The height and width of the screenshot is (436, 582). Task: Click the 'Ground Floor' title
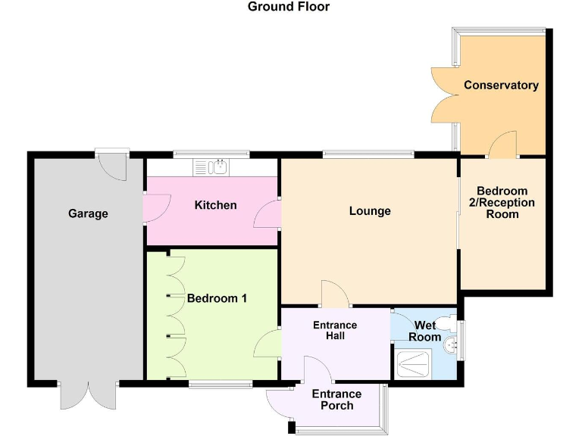click(289, 7)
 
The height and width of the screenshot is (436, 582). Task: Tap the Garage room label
click(88, 213)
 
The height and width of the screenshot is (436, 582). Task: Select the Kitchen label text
click(215, 205)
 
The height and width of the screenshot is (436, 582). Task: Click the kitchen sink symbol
click(216, 167)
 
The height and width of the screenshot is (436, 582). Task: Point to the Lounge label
click(370, 210)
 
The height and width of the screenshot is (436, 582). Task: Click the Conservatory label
click(501, 85)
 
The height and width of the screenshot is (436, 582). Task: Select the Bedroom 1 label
click(217, 298)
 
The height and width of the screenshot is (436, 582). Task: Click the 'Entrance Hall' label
click(335, 330)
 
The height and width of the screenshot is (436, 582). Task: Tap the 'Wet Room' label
click(424, 331)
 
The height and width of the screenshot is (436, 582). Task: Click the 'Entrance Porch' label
click(336, 400)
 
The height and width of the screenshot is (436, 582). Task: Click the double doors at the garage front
click(89, 394)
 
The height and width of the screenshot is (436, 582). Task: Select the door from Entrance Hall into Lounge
click(334, 294)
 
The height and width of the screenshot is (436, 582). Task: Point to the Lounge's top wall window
click(368, 155)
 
